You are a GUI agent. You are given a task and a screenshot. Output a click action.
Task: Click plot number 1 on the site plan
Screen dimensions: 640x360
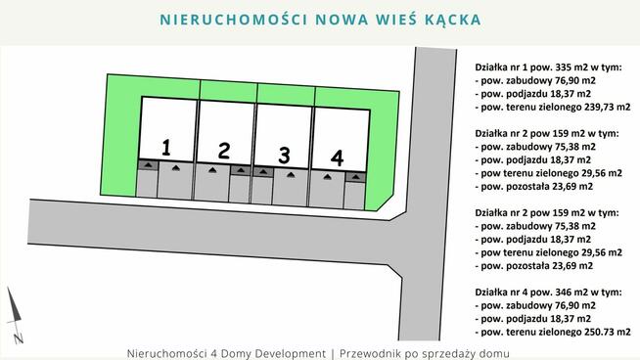(x=166, y=148)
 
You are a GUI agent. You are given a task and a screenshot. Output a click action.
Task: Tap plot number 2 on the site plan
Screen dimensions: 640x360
(x=224, y=151)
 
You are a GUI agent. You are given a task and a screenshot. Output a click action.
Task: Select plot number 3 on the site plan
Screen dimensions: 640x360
(x=284, y=155)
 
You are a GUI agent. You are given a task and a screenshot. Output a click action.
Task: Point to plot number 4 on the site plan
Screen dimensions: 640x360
(x=338, y=157)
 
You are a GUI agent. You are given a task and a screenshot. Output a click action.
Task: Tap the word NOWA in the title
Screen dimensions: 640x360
(x=329, y=20)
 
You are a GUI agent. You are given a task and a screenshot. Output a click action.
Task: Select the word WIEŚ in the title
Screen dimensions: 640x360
(x=390, y=20)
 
